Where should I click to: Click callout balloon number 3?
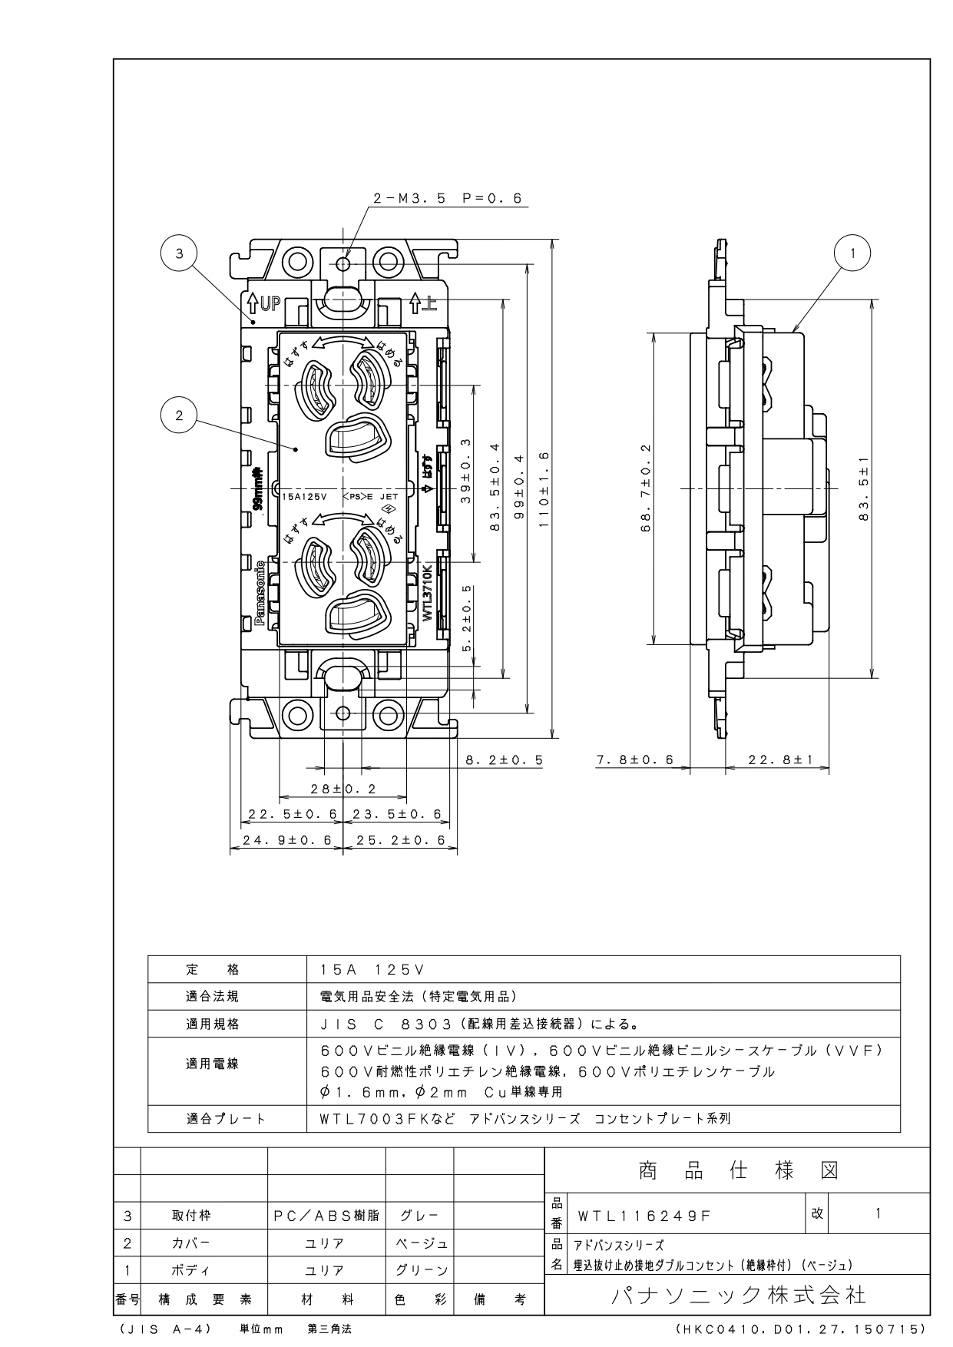[179, 254]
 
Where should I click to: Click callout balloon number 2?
[179, 415]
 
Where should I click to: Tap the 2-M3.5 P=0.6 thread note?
[447, 198]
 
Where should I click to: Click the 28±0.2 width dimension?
[343, 788]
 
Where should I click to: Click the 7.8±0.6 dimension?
[634, 760]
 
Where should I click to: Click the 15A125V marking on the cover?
[305, 497]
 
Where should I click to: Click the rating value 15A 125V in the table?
[371, 970]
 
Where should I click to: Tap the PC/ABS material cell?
[326, 1216]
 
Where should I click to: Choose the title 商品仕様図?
[738, 1170]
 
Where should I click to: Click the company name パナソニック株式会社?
[738, 1296]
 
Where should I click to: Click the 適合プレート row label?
[226, 1119]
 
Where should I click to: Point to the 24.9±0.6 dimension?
[286, 840]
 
